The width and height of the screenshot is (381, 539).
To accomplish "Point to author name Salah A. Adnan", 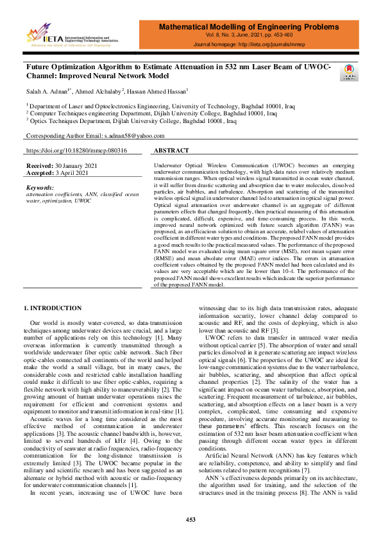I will pos(46,90).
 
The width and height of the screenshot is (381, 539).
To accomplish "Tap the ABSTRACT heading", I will pos(173,151).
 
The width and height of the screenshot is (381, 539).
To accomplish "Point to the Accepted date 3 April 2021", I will pos(78,173).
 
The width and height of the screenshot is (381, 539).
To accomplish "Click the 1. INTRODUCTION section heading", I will pos(53,308).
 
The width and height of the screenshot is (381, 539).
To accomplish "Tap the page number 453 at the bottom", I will pos(190,518).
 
